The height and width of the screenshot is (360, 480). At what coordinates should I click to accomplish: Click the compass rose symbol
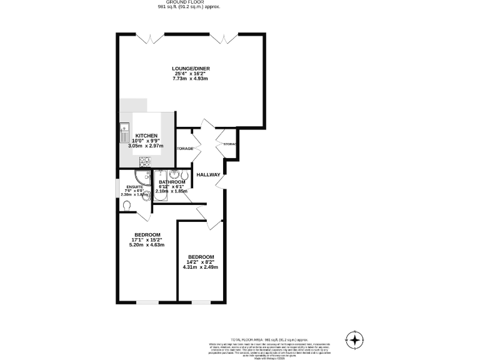coord(355,339)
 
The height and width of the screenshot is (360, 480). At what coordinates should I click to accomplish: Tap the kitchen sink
coord(124,132)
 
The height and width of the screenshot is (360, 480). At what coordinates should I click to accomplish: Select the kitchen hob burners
coord(145,160)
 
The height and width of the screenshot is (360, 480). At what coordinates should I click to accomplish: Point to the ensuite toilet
coord(127,205)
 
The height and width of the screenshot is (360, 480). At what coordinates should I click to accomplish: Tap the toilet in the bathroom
coord(185,174)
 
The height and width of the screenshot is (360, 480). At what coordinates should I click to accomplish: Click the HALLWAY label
coord(208,175)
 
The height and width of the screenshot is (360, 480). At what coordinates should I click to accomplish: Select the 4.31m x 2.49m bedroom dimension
coord(200,267)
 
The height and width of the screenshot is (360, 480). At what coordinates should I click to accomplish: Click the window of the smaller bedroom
coord(200,303)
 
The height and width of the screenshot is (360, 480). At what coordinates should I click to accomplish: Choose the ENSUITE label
coord(134,187)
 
